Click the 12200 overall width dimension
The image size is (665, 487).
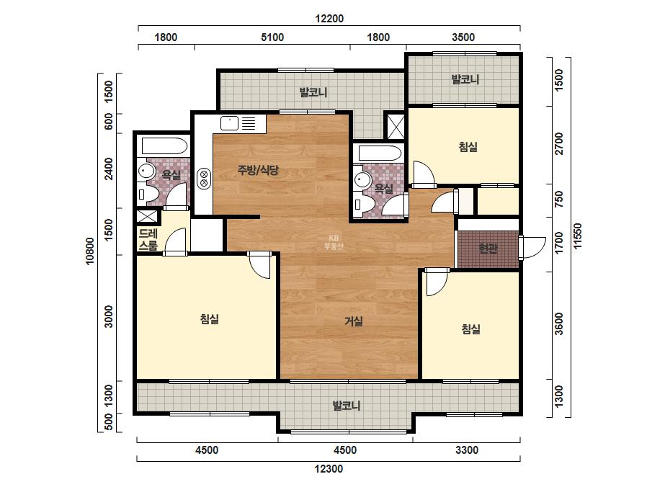[x=329, y=19]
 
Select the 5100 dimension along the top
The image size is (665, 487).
[x=272, y=37]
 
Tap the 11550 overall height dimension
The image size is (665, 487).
[x=578, y=236]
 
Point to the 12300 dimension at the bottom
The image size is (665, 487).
[x=329, y=469]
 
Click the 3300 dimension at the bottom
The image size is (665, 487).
[x=467, y=450]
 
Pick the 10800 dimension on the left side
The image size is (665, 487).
[x=90, y=251]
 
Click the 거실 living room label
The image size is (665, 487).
[x=353, y=321]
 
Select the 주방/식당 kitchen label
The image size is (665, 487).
[x=258, y=170]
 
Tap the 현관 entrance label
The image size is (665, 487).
[x=488, y=248]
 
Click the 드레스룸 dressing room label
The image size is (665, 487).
[x=148, y=239]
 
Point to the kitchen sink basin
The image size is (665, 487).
[x=229, y=123]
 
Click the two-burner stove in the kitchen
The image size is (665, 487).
[x=204, y=179]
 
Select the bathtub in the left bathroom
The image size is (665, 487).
[x=164, y=146]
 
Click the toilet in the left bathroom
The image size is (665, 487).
[x=147, y=195]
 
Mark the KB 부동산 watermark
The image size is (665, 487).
[x=334, y=242]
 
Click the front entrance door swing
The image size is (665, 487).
[x=532, y=248]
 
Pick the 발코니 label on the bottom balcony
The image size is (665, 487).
[x=347, y=406]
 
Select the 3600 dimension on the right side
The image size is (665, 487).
[x=559, y=323]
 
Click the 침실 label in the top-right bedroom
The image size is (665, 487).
[x=468, y=147]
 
